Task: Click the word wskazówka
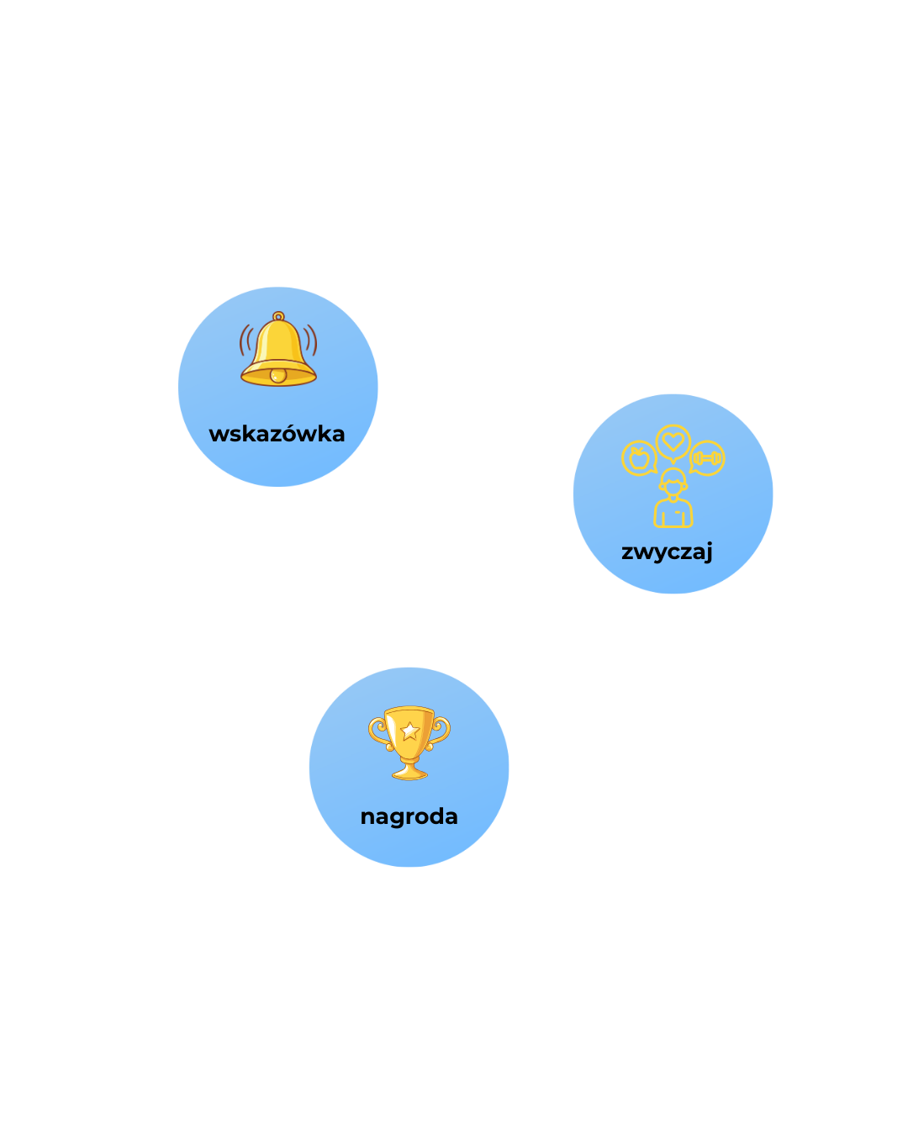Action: click(277, 434)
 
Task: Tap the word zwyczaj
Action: click(667, 552)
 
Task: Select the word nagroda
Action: click(409, 816)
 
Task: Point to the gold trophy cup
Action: click(409, 740)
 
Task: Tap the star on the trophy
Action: click(409, 730)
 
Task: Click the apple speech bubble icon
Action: click(639, 458)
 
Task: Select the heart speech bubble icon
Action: click(673, 441)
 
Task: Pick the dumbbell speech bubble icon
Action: click(707, 458)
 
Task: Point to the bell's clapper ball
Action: click(278, 375)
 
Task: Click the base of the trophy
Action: click(409, 771)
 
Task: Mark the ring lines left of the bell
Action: click(245, 340)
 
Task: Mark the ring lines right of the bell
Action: click(311, 340)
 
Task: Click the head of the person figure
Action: click(673, 483)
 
